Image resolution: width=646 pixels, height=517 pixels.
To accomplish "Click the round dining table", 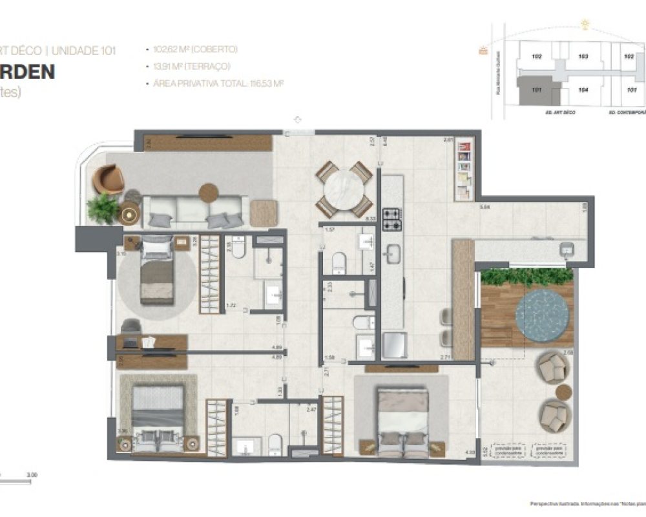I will point(344,189).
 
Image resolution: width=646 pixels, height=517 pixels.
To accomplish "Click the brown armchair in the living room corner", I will point(108,179).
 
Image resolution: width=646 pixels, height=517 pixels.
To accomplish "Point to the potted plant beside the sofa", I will point(103,208).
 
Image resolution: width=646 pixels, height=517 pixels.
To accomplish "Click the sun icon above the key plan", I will point(585,25).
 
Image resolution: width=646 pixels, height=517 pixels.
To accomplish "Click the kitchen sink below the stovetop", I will point(391,253).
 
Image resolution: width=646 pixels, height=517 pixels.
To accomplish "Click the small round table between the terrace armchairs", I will point(563,392).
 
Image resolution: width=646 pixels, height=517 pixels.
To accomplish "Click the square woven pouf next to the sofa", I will point(264,213).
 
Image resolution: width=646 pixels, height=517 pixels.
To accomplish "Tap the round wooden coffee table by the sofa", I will point(209,193).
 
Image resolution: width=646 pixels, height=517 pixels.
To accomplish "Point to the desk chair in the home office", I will point(131,326).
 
